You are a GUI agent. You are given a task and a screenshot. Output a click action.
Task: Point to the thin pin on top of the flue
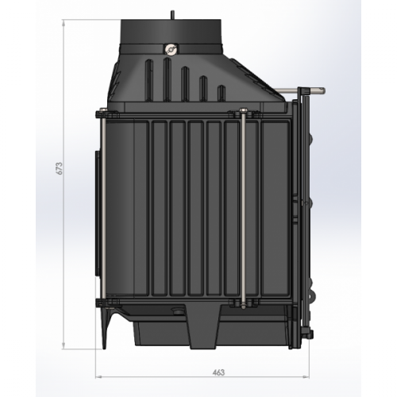pyautogui.click(x=172, y=13)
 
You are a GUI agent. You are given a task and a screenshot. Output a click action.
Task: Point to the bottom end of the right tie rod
pyautogui.click(x=240, y=304)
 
